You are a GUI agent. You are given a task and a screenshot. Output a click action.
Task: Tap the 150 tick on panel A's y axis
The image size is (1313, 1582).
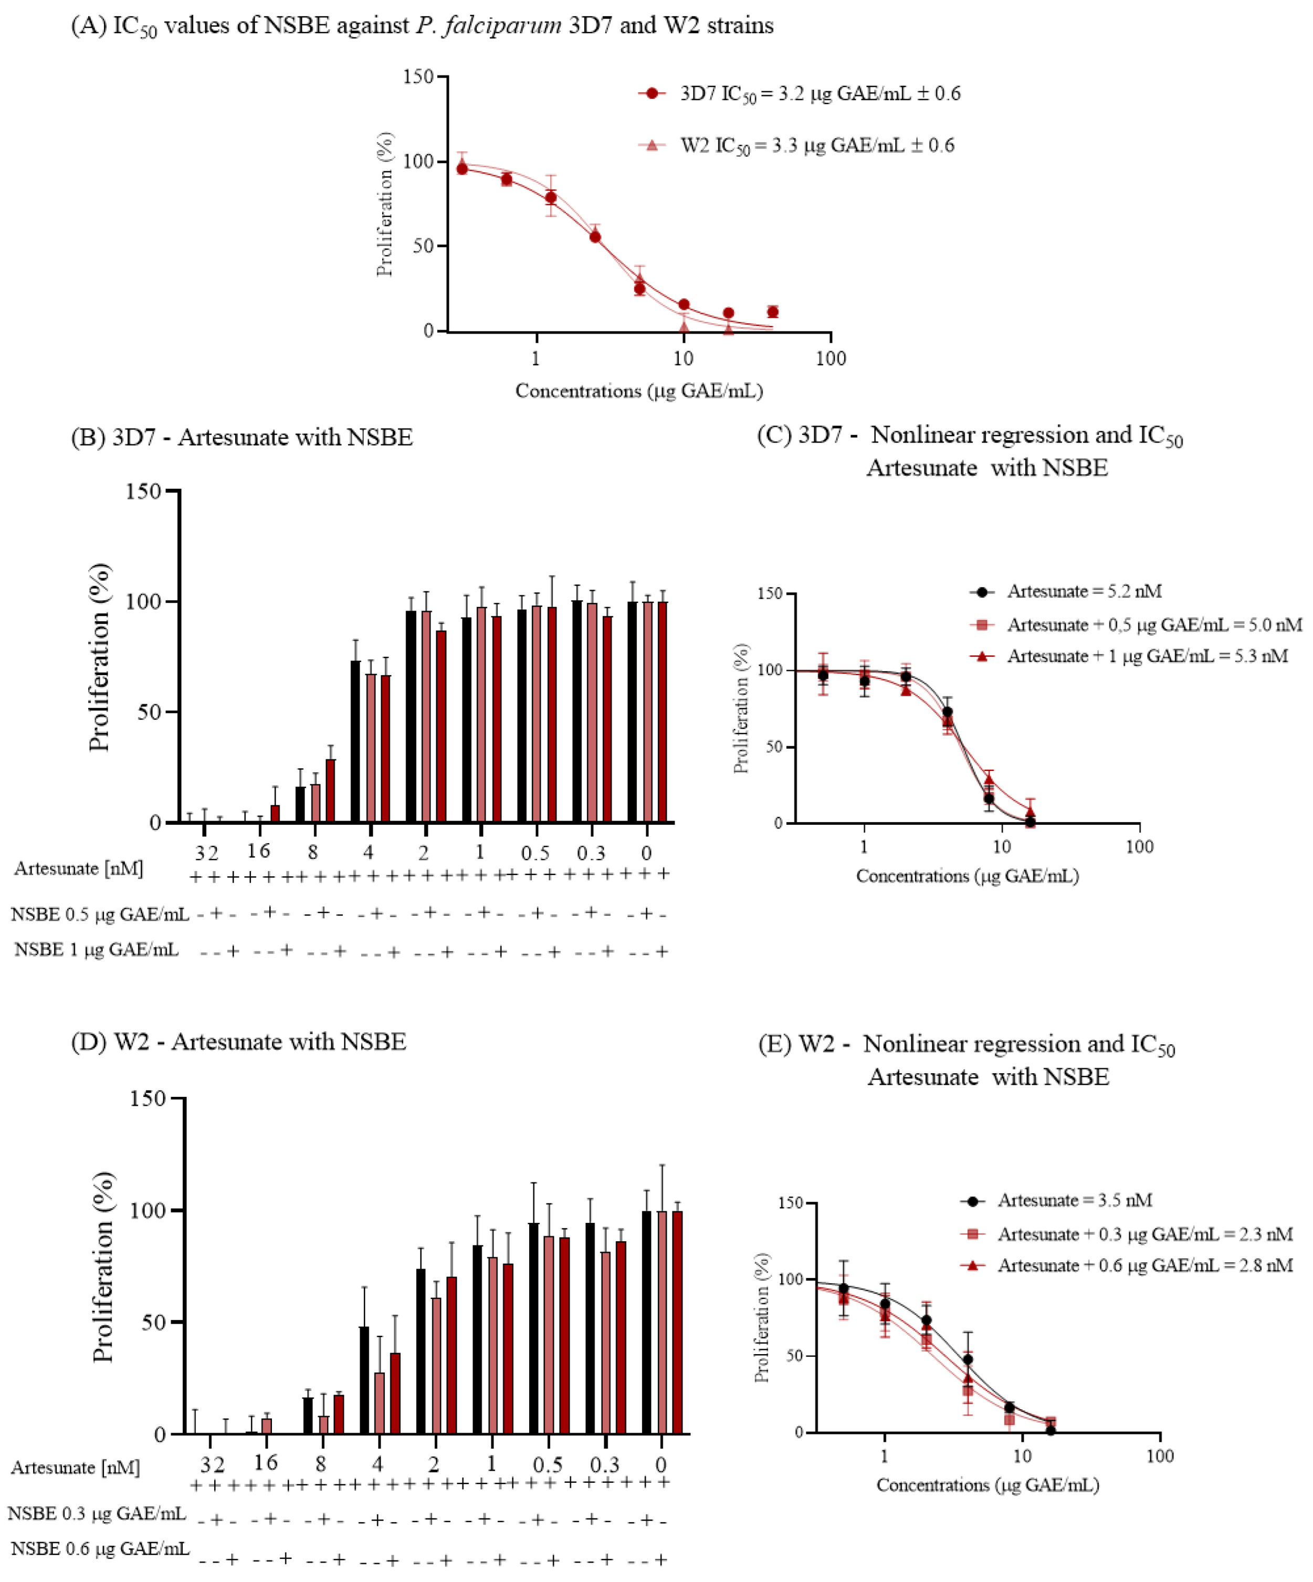tap(418, 77)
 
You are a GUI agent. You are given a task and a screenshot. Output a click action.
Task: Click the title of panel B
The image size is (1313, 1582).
tap(242, 437)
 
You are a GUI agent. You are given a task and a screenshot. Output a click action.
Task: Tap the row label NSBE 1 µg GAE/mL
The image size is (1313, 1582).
tap(97, 949)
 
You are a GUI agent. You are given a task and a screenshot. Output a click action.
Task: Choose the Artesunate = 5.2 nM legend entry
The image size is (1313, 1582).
tap(1084, 591)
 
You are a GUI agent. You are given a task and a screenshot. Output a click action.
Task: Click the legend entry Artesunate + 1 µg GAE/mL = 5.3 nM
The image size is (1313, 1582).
tap(1147, 656)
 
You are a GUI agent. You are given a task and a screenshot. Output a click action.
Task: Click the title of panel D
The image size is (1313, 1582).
tap(239, 1041)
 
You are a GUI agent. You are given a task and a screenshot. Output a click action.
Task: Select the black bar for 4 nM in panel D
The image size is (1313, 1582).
tap(364, 1379)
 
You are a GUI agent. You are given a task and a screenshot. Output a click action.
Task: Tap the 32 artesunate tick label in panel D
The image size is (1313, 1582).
tap(213, 1464)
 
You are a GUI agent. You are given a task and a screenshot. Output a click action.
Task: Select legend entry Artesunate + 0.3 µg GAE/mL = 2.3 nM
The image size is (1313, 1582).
tap(1144, 1234)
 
